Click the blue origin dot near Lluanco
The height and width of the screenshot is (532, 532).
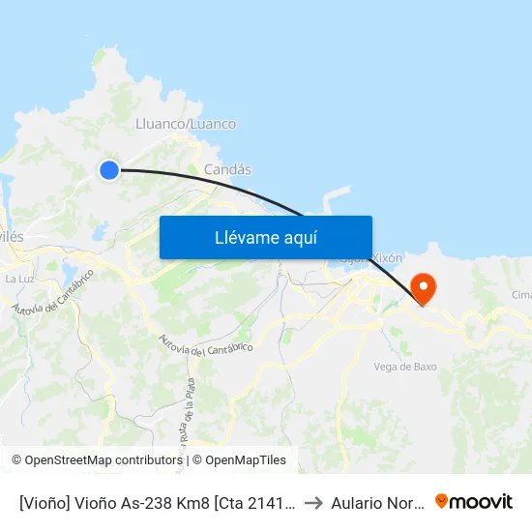click(x=109, y=170)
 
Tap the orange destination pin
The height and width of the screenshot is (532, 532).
click(x=423, y=287)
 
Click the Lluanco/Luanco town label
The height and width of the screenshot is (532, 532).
click(x=187, y=124)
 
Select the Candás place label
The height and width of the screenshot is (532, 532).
click(x=227, y=169)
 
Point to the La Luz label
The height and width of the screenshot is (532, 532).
click(x=19, y=279)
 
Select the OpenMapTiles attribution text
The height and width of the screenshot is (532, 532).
click(x=246, y=460)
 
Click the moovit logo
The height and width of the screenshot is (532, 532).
click(x=474, y=501)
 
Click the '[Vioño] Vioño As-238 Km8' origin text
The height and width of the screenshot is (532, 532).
click(x=155, y=502)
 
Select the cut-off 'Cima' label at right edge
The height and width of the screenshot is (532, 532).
click(x=521, y=295)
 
